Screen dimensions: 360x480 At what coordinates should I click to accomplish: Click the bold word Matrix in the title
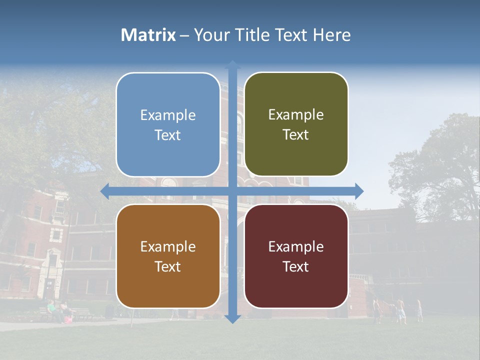click(148, 35)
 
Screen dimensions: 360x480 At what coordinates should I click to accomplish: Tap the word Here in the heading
click(331, 35)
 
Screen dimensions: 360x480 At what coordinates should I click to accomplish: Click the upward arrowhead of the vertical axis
click(232, 65)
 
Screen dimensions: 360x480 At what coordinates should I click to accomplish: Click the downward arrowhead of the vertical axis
click(232, 318)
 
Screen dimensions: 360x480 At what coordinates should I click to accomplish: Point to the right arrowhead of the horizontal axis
click(358, 191)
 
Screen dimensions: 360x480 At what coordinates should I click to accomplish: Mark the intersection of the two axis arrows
click(232, 191)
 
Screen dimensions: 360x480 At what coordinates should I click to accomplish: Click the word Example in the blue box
click(168, 115)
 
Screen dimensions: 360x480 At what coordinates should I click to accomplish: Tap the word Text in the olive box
click(296, 135)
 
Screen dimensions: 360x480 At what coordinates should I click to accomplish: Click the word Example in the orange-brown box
click(168, 247)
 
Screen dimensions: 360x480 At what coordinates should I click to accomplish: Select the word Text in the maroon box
click(296, 266)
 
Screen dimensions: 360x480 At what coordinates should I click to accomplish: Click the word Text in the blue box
click(168, 135)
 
